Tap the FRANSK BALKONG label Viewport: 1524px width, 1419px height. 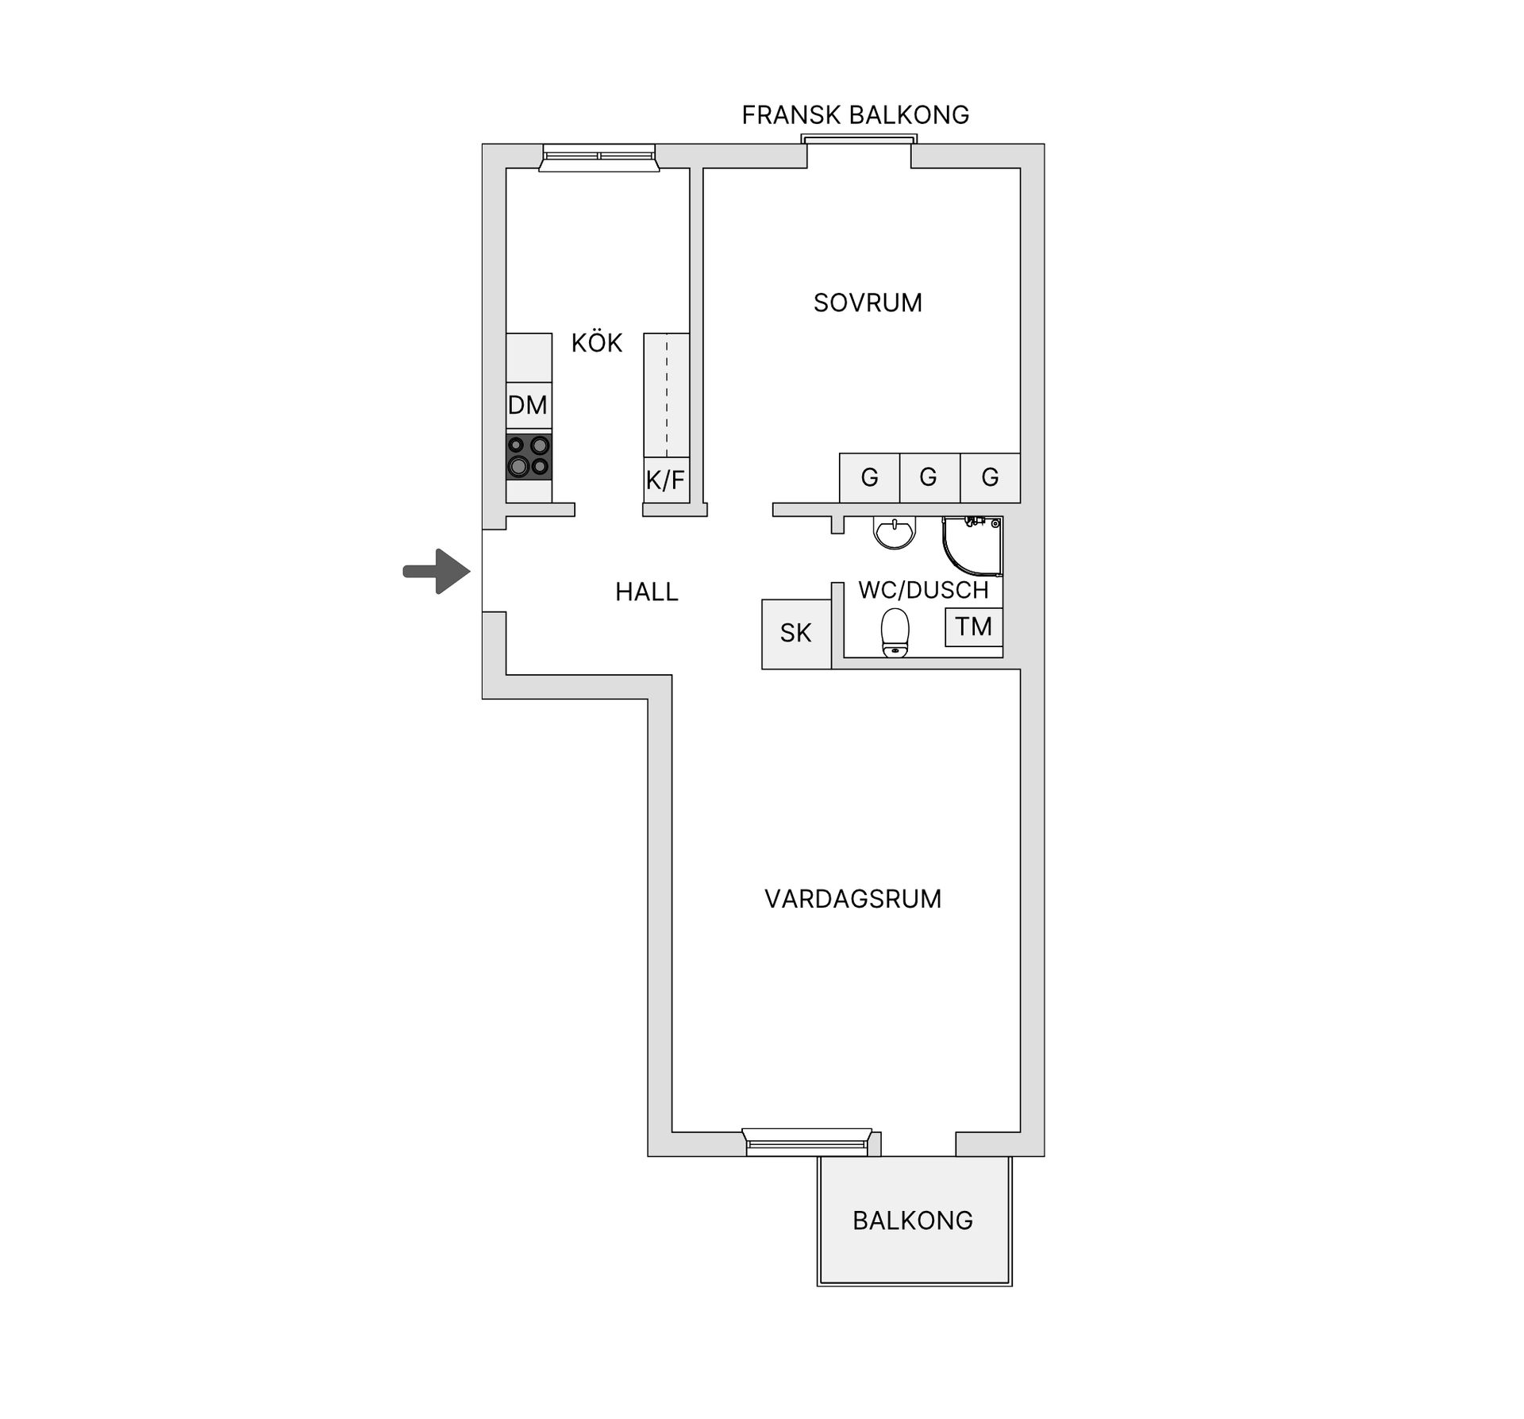855,115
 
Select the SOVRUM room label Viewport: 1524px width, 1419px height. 868,303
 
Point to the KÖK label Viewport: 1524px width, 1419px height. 597,343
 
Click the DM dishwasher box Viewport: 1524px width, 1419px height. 529,405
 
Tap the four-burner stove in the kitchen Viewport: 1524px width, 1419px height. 529,457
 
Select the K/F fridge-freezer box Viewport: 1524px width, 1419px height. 665,480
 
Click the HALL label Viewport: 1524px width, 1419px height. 646,592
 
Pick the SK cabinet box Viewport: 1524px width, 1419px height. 795,633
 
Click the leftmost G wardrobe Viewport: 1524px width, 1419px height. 869,477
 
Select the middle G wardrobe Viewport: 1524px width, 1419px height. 929,477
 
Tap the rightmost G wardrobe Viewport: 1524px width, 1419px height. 990,477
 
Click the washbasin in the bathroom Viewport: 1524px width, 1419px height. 895,532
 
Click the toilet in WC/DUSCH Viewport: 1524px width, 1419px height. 895,632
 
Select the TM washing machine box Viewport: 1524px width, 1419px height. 973,627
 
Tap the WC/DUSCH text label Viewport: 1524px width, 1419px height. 923,590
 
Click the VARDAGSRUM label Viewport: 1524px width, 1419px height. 852,899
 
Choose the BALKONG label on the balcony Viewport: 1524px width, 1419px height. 913,1220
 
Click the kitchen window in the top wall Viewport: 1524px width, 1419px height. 598,157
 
